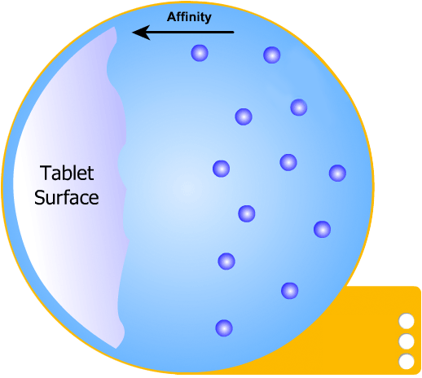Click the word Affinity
coord(189,17)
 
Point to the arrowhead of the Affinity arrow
coord(133,33)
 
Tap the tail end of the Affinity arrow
coord(234,33)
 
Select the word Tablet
coord(67,174)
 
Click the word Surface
coord(67,197)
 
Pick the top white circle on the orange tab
coord(407,321)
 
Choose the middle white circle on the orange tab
coord(407,341)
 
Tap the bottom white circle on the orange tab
coord(407,362)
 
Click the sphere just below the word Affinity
coord(200,53)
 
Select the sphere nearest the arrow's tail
coord(272,55)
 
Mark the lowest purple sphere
coord(224,328)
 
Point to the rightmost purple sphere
coord(337,173)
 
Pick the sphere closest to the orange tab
coord(290,291)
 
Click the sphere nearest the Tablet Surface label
coord(222,169)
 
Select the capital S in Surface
coord(39,197)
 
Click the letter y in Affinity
coord(208,19)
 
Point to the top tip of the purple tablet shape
coord(114,27)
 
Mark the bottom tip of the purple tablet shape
coord(116,349)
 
